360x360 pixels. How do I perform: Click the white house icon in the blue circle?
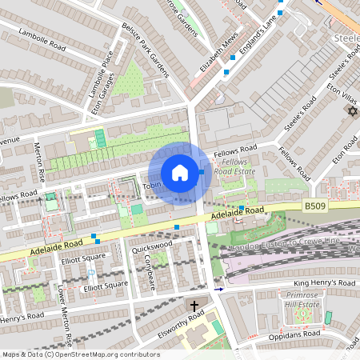pyautogui.click(x=180, y=173)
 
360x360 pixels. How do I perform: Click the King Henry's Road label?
pyautogui.click(x=324, y=283)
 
